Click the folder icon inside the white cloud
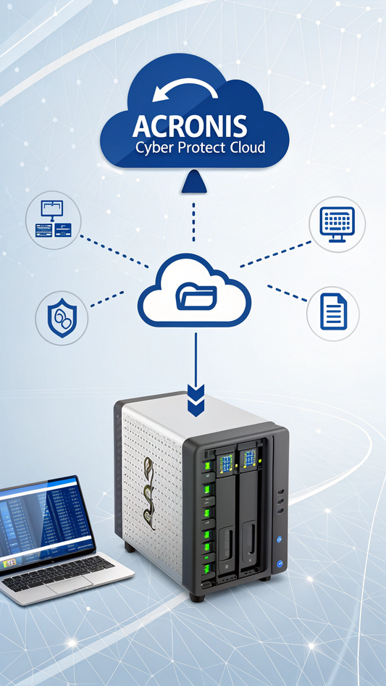pyautogui.click(x=196, y=298)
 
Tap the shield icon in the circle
pyautogui.click(x=62, y=317)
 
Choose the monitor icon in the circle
pyautogui.click(x=337, y=224)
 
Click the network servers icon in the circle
pyautogui.click(x=53, y=219)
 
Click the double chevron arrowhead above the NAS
pyautogui.click(x=196, y=401)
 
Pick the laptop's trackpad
pyautogui.click(x=69, y=584)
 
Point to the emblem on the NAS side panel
pyautogui.click(x=148, y=485)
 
